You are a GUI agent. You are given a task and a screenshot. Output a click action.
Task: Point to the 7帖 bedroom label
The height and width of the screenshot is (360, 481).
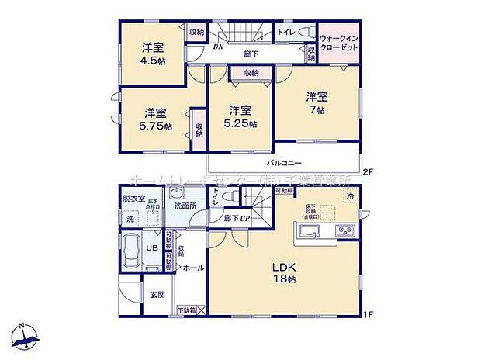click(315, 104)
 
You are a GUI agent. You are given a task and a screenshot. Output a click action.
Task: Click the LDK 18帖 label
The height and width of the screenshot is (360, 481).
click(284, 273)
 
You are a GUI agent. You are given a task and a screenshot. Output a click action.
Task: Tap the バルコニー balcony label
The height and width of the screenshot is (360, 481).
click(285, 164)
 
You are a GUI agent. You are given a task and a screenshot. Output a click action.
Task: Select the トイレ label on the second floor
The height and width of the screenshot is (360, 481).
click(285, 33)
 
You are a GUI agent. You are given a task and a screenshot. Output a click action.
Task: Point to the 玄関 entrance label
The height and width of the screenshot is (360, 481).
click(157, 294)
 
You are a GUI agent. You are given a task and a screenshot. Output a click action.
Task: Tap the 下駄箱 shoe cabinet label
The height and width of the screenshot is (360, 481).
click(187, 310)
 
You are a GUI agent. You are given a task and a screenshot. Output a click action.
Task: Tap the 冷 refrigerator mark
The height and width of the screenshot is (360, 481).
click(351, 197)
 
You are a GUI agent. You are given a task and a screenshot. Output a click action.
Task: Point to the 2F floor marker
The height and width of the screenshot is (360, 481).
click(369, 171)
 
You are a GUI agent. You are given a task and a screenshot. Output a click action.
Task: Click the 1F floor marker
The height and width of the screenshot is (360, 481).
click(369, 314)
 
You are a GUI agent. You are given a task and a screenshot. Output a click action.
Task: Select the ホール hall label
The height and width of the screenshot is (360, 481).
click(194, 268)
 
